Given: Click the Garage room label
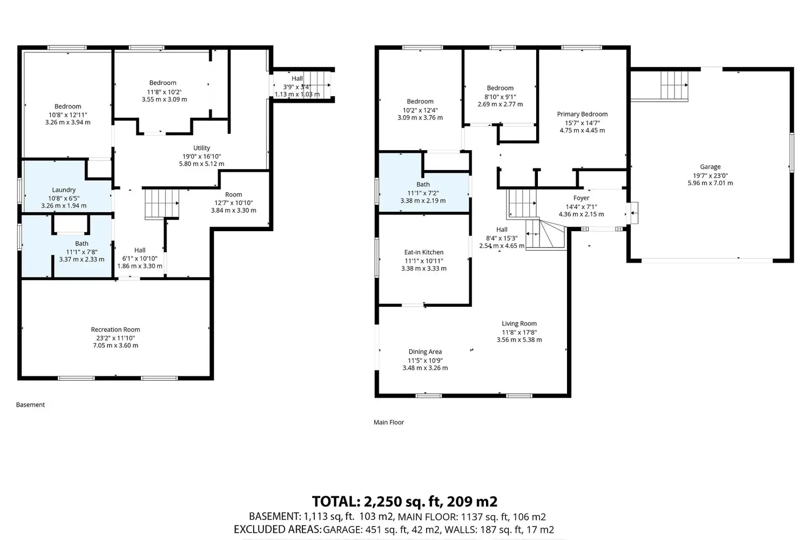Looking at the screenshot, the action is pos(710,167).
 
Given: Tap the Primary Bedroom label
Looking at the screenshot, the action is pos(582,114).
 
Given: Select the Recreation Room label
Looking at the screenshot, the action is pos(116,329).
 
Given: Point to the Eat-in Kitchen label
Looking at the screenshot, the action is pos(424,252).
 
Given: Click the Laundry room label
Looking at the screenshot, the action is pos(64,190).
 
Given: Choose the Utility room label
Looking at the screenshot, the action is pos(201,148).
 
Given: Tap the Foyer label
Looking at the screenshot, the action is pos(582,198).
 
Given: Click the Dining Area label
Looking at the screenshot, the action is pos(426,352).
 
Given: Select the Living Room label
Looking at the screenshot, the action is pos(519,323).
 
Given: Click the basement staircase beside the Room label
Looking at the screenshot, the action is pos(162,204).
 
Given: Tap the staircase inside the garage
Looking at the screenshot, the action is pos(674,85).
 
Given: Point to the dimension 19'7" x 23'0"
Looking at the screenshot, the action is pos(710,176).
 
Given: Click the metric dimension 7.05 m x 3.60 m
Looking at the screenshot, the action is pos(116,346).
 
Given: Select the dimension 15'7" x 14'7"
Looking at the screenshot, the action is pos(582,123).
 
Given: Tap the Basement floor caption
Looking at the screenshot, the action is pos(30,404).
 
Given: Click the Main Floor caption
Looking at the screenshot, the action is pos(389,422).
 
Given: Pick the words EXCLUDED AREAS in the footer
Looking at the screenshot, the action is pos(278,530).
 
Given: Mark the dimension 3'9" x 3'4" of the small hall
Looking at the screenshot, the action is pos(297,87).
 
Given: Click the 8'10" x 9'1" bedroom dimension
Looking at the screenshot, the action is pos(500,97).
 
